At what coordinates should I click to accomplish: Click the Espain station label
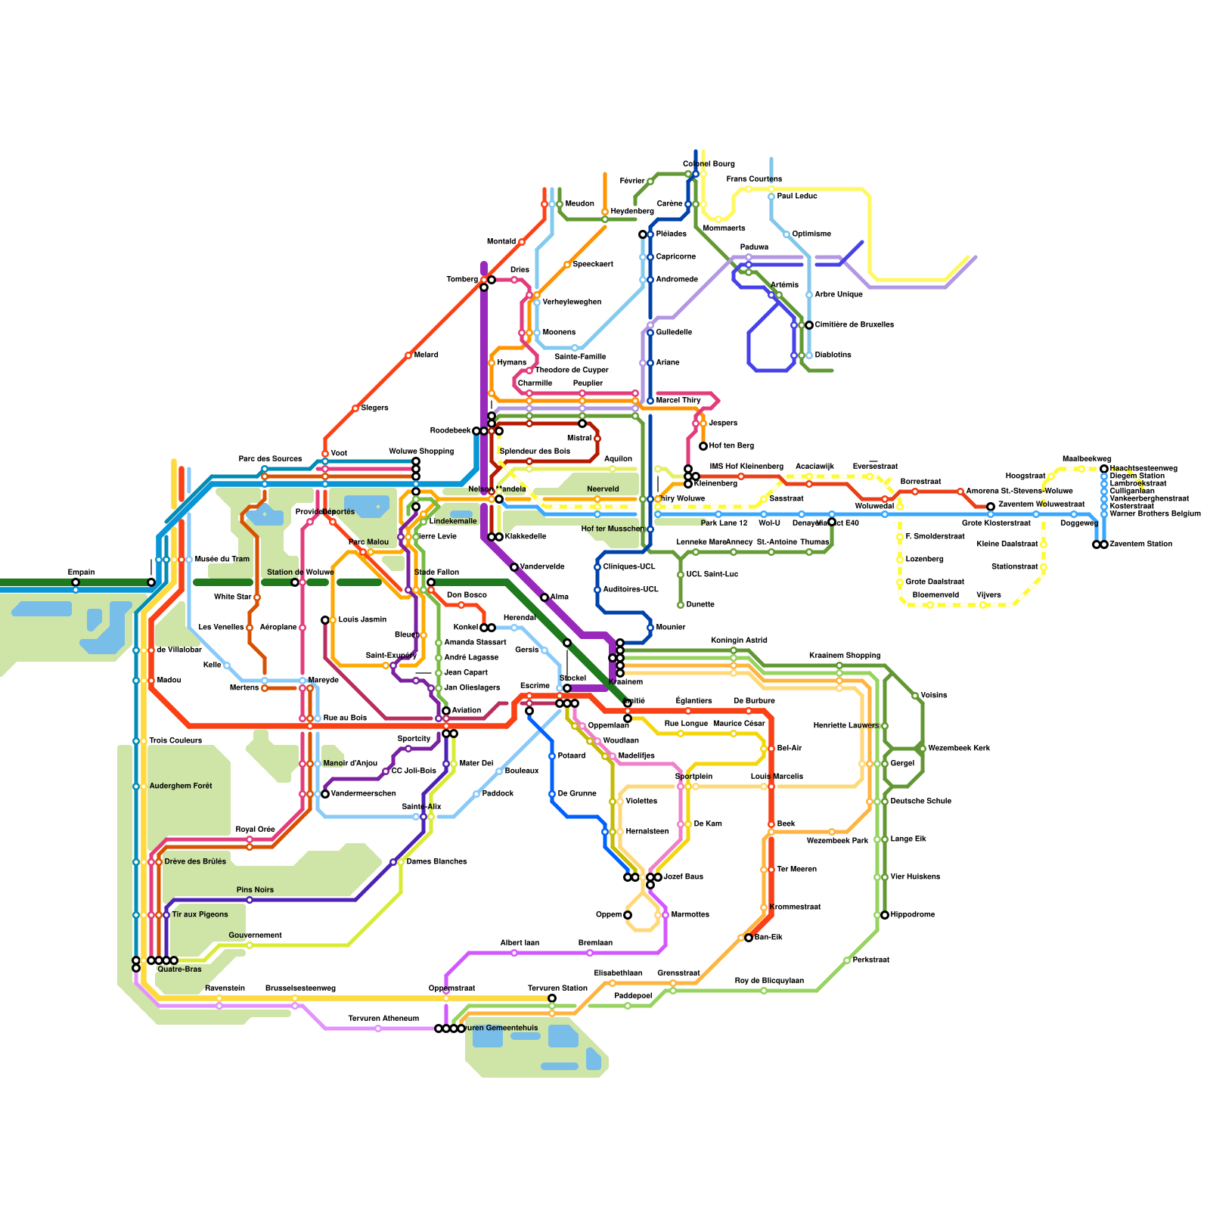pyautogui.click(x=81, y=572)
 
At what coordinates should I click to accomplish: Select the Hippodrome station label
pyautogui.click(x=912, y=915)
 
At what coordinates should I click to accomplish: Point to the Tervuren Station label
pyautogui.click(x=557, y=988)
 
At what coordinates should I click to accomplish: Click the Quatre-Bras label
pyautogui.click(x=179, y=970)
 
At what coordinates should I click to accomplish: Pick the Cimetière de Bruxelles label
pyautogui.click(x=854, y=325)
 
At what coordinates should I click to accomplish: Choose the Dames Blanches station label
pyautogui.click(x=436, y=862)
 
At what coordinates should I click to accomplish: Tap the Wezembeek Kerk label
pyautogui.click(x=958, y=749)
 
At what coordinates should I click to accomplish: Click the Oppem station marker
pyautogui.click(x=628, y=915)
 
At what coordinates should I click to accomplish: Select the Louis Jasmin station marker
pyautogui.click(x=325, y=620)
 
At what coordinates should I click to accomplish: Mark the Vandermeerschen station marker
pyautogui.click(x=325, y=794)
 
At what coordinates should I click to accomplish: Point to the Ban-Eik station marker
pyautogui.click(x=749, y=938)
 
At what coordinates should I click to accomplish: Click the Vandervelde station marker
pyautogui.click(x=514, y=567)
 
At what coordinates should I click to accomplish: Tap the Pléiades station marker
pyautogui.click(x=643, y=234)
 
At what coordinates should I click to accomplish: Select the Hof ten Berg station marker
pyautogui.click(x=703, y=446)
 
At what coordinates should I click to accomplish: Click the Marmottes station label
pyautogui.click(x=690, y=915)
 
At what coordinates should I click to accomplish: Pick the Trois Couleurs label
pyautogui.click(x=175, y=741)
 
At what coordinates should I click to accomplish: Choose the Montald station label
pyautogui.click(x=501, y=242)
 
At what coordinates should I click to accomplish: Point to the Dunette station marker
pyautogui.click(x=681, y=605)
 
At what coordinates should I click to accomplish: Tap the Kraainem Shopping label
pyautogui.click(x=844, y=655)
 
